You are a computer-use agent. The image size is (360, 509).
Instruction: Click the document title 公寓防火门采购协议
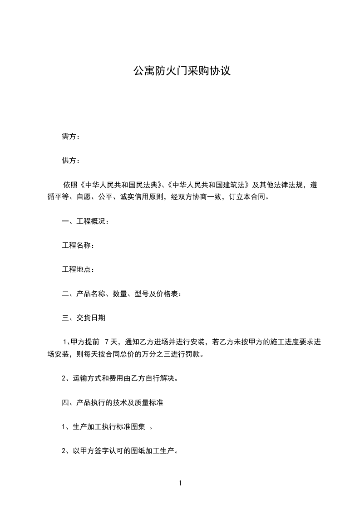pyautogui.click(x=182, y=71)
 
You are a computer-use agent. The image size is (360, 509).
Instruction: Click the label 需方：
pyautogui.click(x=71, y=137)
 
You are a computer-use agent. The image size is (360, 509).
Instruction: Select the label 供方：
pyautogui.click(x=71, y=161)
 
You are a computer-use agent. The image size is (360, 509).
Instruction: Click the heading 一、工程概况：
pyautogui.click(x=85, y=221)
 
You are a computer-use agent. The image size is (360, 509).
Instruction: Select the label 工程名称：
pyautogui.click(x=78, y=245)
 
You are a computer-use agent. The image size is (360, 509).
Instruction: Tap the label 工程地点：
pyautogui.click(x=78, y=269)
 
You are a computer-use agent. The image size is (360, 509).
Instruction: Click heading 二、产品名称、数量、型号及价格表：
pyautogui.click(x=122, y=294)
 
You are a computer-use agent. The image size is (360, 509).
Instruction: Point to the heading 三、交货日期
pyautogui.click(x=84, y=318)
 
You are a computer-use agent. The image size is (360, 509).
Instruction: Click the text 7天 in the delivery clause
pyautogui.click(x=111, y=342)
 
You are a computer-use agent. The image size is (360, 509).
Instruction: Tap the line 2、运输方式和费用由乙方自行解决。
pyautogui.click(x=119, y=378)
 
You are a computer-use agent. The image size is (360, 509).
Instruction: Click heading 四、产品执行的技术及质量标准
pyautogui.click(x=112, y=403)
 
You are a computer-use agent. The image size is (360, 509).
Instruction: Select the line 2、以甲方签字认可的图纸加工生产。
pyautogui.click(x=119, y=451)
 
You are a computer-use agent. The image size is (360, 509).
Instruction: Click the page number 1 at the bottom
pyautogui.click(x=180, y=483)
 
